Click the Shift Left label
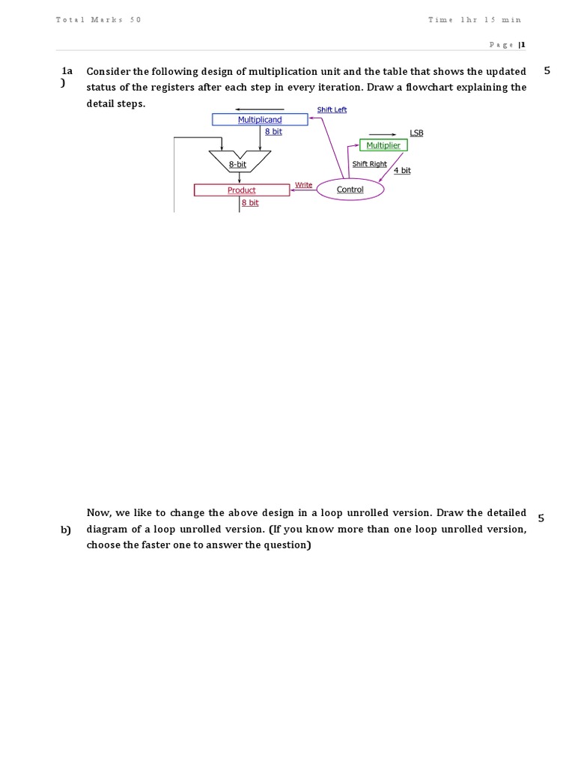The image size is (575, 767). (332, 109)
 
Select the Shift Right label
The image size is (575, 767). (369, 164)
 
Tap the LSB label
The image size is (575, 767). (416, 133)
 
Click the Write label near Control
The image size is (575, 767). (303, 185)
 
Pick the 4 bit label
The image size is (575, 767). (402, 170)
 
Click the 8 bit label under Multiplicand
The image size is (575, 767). (273, 132)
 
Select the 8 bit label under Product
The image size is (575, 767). (250, 202)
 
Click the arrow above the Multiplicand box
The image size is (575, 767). (260, 109)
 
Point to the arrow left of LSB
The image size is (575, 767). (383, 135)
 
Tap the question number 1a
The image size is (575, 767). (67, 71)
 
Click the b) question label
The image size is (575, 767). (66, 530)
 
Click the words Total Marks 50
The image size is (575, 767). (98, 19)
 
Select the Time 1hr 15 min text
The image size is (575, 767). (475, 19)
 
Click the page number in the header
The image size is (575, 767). (523, 44)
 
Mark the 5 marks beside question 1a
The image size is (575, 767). (547, 71)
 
